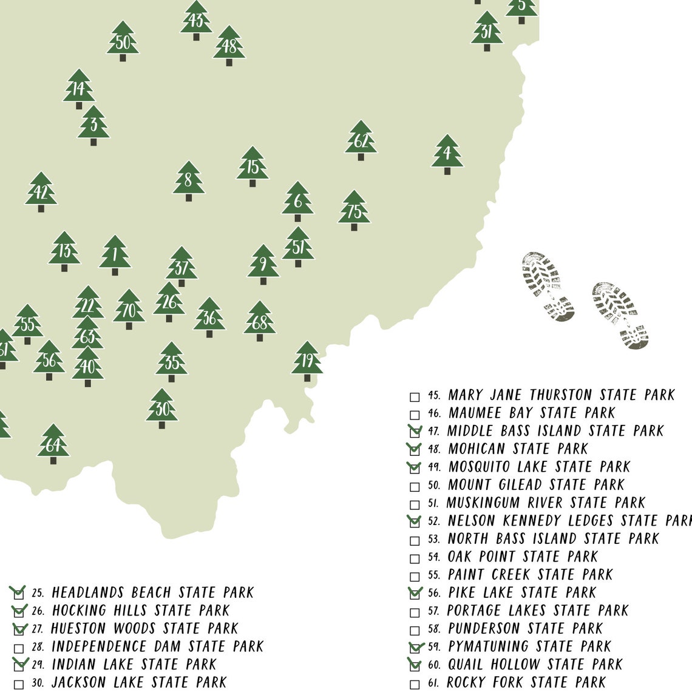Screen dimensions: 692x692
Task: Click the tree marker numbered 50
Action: pos(123,41)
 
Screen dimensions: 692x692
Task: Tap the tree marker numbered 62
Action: pos(361,140)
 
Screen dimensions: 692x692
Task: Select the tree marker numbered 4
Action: pos(447,154)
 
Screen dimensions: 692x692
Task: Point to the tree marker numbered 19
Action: pos(307,361)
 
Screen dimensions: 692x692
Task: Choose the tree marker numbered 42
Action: pos(41,192)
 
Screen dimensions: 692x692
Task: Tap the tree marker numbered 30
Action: pos(161,408)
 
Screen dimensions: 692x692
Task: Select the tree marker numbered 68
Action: pos(259,321)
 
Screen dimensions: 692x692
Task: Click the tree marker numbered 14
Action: pos(78,89)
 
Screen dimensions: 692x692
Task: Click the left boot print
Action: pos(548,285)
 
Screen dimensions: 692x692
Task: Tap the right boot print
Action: pos(620,314)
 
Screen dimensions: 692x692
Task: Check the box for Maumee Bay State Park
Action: pos(415,415)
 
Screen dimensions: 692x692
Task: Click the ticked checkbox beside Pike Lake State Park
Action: pos(415,594)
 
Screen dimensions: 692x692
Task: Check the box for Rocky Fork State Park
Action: pos(415,685)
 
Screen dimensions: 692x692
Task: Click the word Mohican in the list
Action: pos(477,449)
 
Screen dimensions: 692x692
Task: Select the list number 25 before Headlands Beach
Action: pos(38,593)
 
